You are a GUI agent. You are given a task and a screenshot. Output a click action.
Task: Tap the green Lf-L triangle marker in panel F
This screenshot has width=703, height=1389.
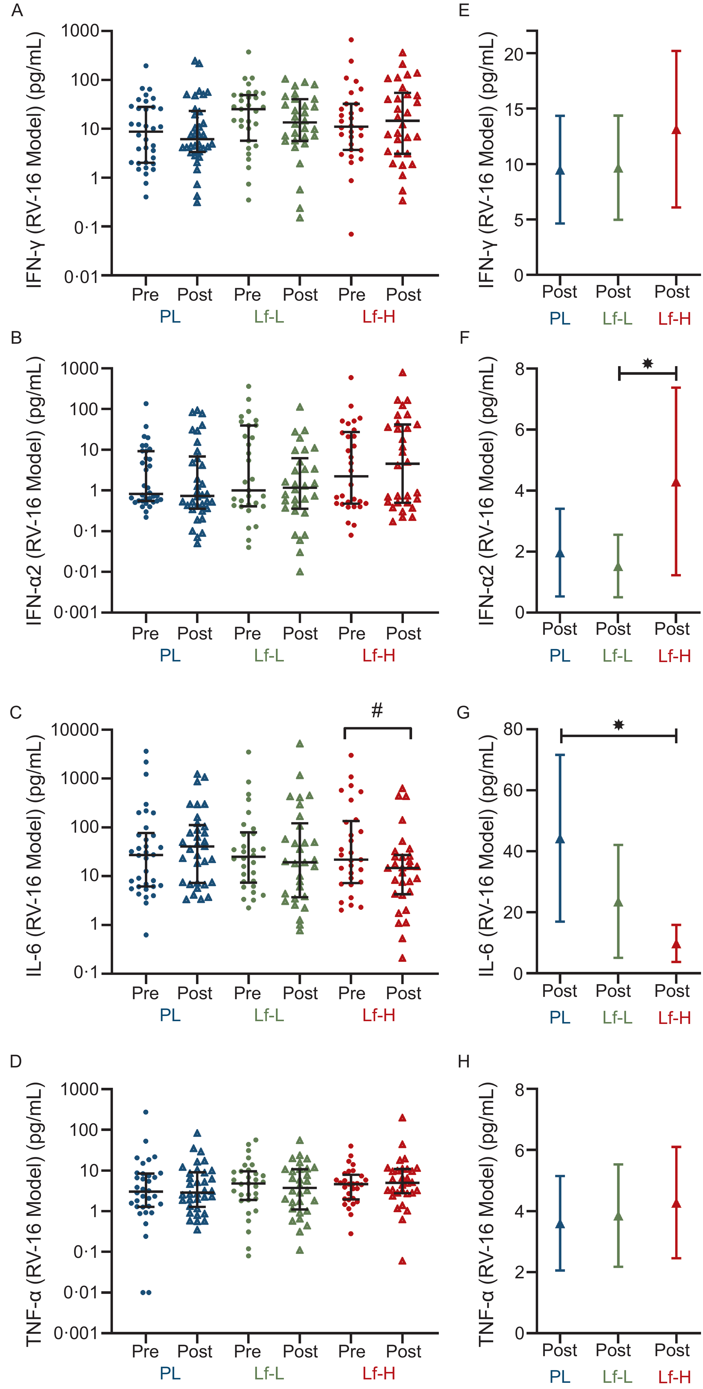click(618, 567)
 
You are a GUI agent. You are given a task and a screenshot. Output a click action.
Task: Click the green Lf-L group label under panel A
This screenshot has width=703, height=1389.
click(268, 317)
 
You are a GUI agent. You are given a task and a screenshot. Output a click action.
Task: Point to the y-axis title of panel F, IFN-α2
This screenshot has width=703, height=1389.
click(486, 491)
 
